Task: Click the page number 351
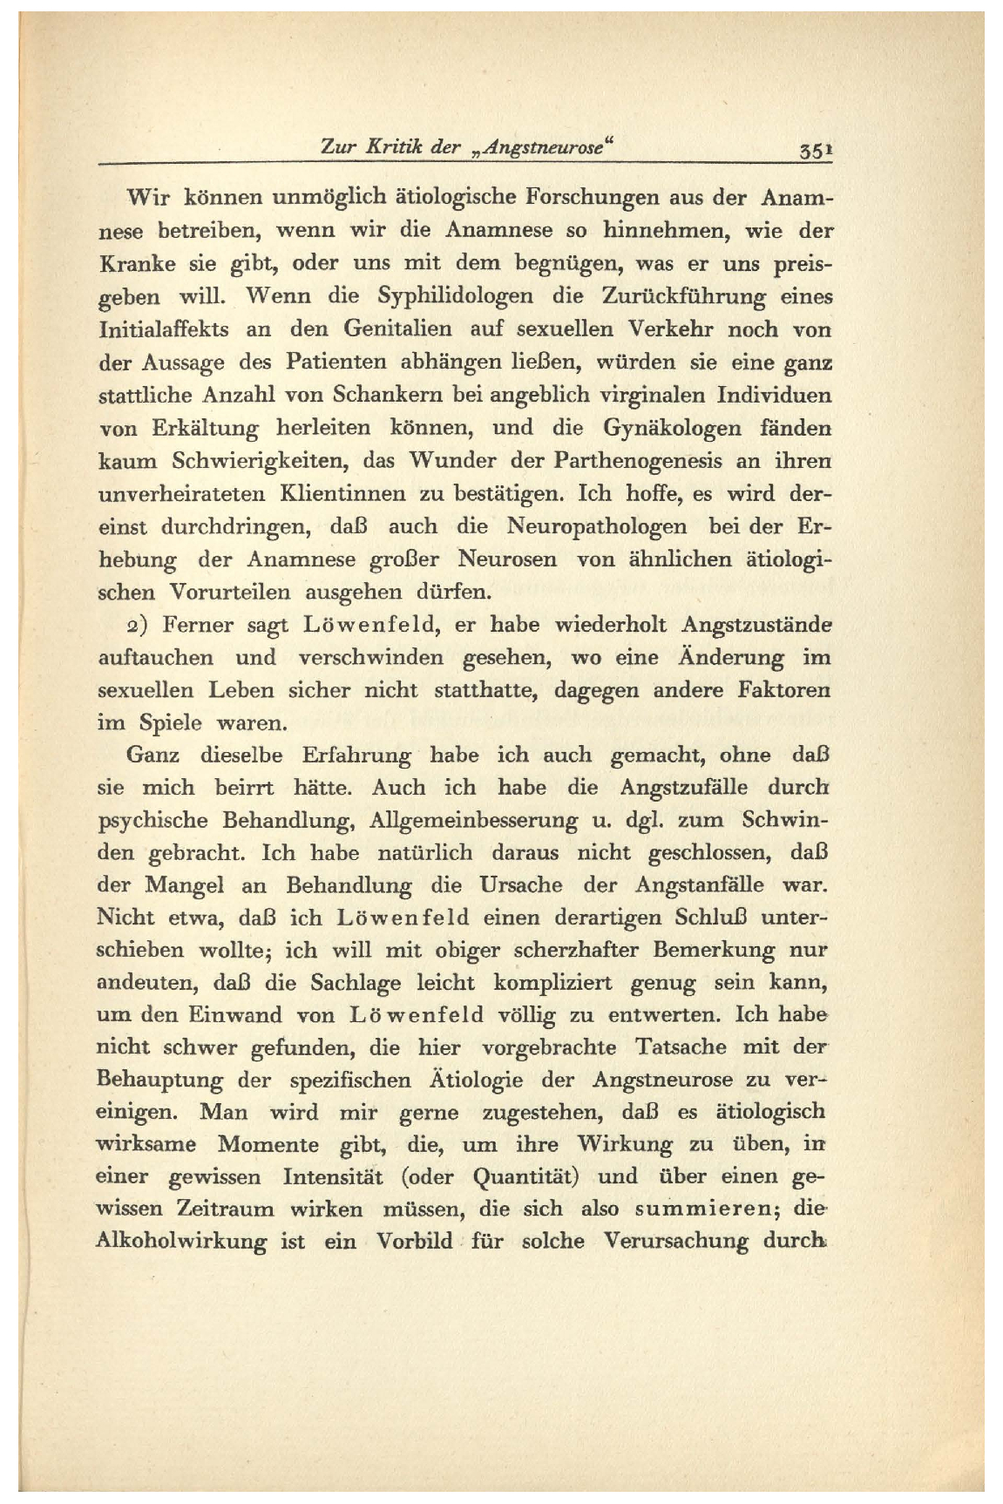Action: pos(816,150)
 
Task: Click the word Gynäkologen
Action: pos(669,429)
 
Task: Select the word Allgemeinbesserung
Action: pos(473,821)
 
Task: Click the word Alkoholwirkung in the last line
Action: pos(180,1242)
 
